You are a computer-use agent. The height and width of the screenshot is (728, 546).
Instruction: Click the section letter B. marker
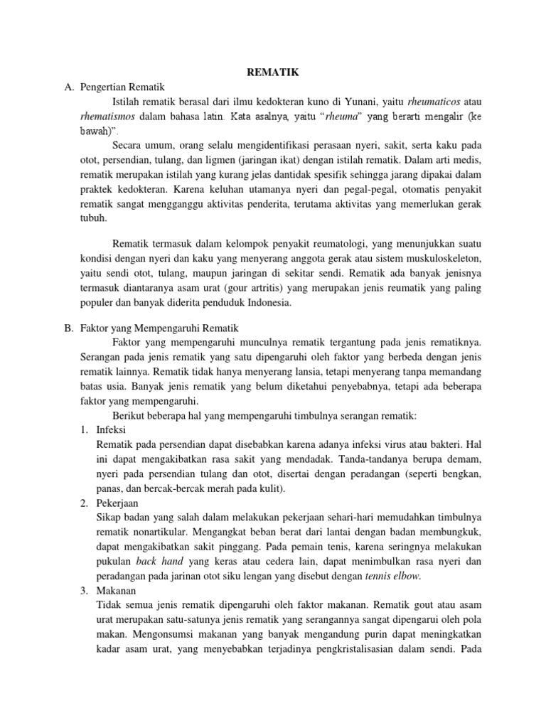[69, 330]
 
